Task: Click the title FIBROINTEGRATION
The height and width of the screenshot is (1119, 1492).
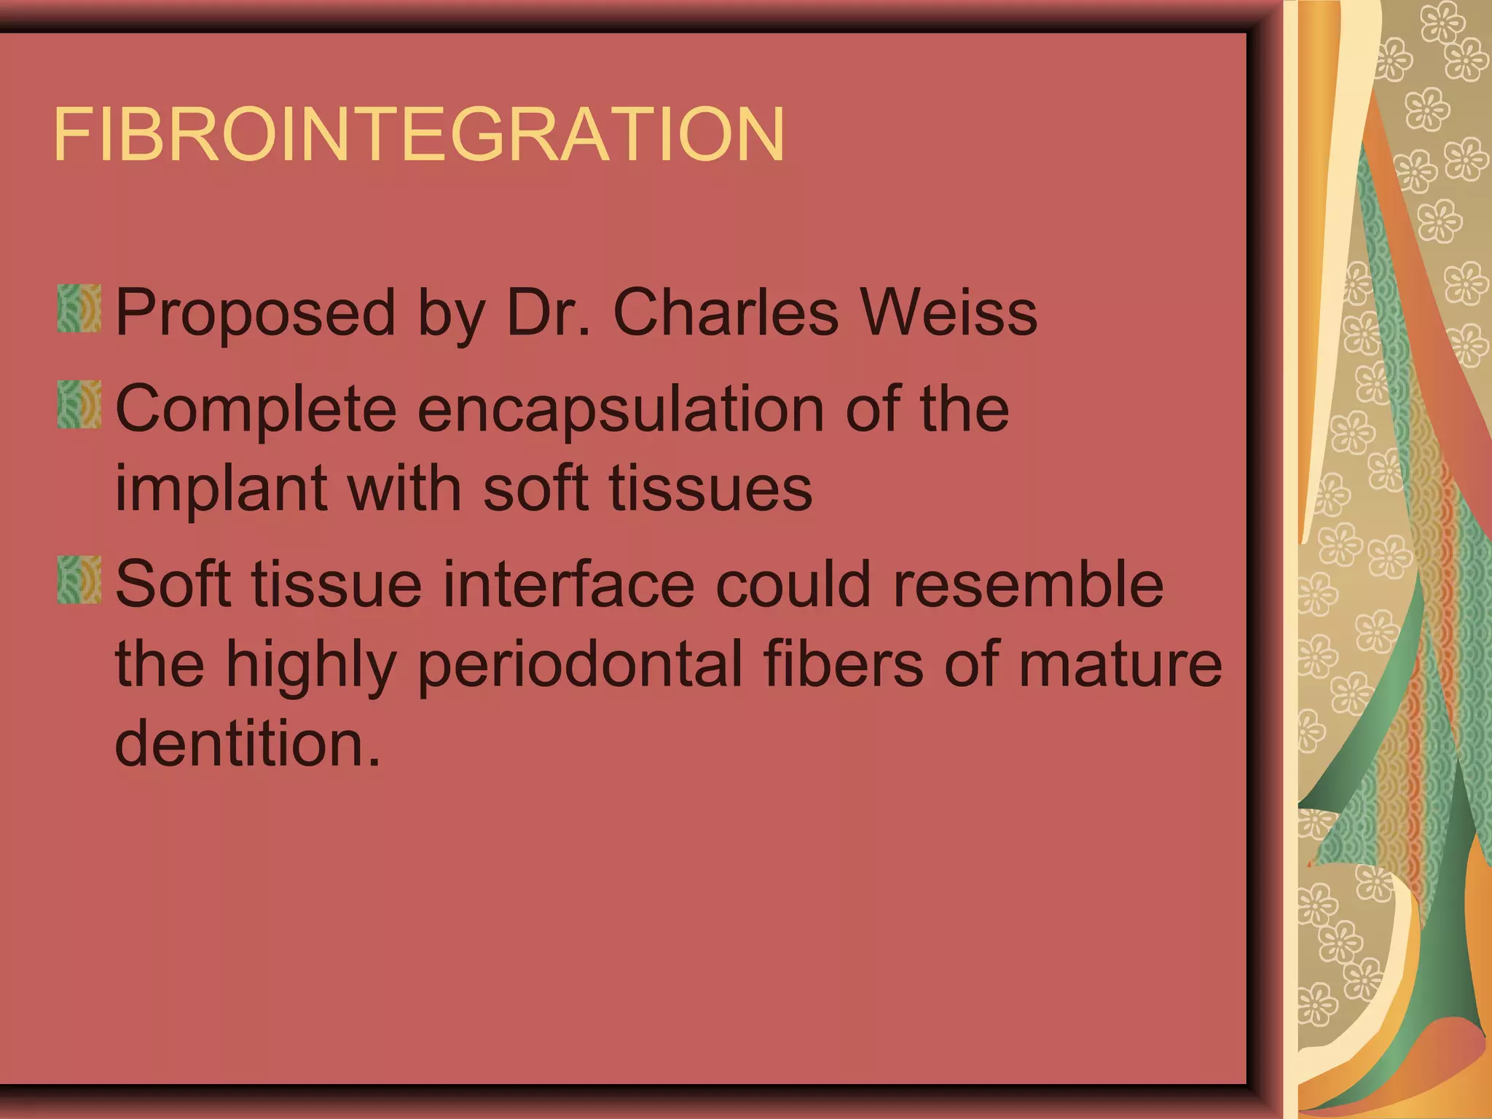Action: coord(419,135)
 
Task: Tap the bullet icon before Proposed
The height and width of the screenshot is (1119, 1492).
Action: coord(79,310)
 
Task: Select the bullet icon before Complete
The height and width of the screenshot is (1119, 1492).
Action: coord(79,405)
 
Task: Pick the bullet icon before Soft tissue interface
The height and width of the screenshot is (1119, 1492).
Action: coord(79,581)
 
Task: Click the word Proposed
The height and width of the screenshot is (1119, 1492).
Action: coord(255,313)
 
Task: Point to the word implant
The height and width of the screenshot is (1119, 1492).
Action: coord(221,490)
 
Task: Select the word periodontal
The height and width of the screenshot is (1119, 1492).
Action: coord(580,664)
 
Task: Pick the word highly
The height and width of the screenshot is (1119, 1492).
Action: coord(310,664)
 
